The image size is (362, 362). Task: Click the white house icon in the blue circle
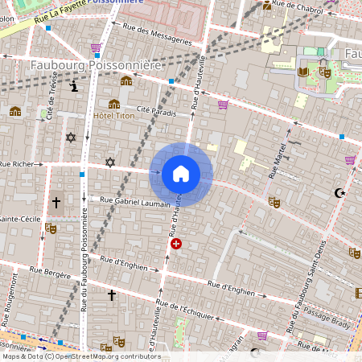[180, 174]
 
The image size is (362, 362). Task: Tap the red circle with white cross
[176, 243]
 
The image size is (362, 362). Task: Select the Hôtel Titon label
[114, 116]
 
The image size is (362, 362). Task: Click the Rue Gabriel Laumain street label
[135, 200]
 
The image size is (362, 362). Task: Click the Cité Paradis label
[157, 111]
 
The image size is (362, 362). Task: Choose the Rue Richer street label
[18, 163]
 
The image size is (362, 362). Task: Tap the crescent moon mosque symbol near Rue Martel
[339, 192]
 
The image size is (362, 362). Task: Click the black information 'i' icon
[75, 86]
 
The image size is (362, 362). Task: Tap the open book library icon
[303, 72]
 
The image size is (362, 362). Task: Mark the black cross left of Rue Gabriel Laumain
[56, 203]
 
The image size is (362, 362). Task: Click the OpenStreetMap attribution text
[81, 356]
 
